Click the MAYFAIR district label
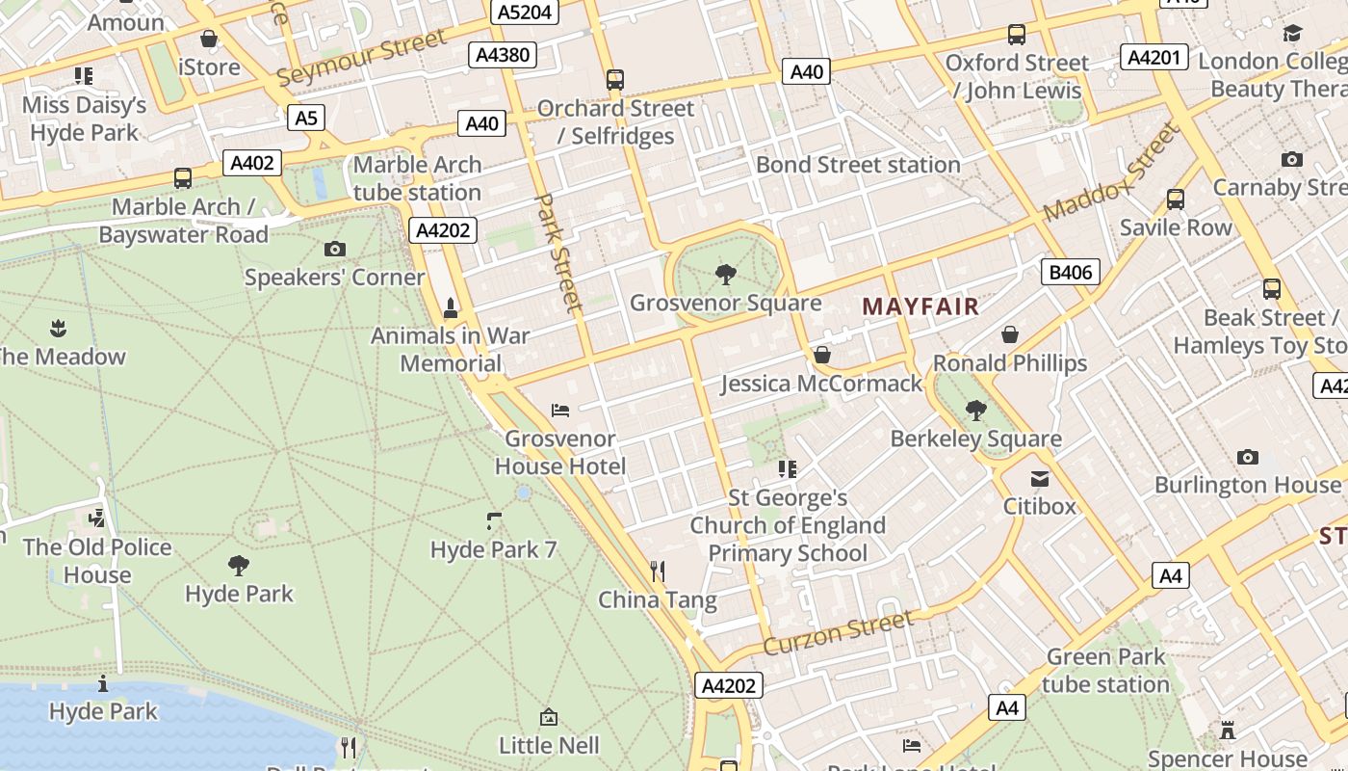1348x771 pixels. point(920,307)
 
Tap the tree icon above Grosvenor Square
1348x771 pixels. point(726,276)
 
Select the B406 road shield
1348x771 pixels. point(1071,272)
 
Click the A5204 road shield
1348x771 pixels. point(526,13)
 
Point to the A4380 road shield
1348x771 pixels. point(503,55)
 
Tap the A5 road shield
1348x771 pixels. point(305,119)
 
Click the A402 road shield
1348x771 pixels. point(252,163)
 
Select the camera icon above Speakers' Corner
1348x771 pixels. point(334,250)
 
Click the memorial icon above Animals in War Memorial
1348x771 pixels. point(450,308)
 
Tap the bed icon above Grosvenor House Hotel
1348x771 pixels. point(560,411)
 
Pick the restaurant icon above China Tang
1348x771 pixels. point(658,572)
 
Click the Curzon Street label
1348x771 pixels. point(839,632)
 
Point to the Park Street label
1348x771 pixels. point(559,253)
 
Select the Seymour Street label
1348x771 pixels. point(361,57)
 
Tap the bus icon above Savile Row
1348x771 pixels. point(1175,199)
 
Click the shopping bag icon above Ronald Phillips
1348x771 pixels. point(1010,334)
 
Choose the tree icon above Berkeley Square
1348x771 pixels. point(976,411)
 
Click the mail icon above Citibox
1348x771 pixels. point(1040,478)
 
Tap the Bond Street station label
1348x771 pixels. point(858,165)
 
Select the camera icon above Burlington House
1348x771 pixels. point(1248,457)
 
